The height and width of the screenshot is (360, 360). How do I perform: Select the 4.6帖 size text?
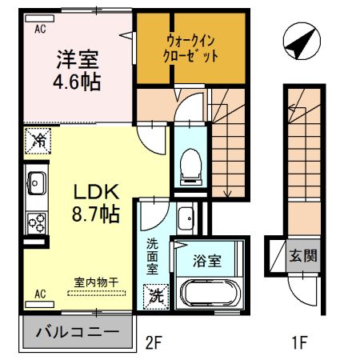tap(78, 82)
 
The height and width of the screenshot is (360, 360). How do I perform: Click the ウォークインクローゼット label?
tap(192, 48)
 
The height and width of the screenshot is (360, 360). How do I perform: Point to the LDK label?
tap(97, 192)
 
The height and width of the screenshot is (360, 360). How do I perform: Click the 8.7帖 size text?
tap(97, 214)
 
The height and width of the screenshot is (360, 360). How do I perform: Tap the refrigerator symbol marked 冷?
tap(37, 138)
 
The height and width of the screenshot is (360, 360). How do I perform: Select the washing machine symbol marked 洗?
tap(157, 294)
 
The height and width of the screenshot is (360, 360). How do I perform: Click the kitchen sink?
tap(36, 182)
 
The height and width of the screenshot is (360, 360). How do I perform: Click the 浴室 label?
tap(206, 260)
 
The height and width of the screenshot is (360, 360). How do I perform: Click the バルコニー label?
tap(77, 331)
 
